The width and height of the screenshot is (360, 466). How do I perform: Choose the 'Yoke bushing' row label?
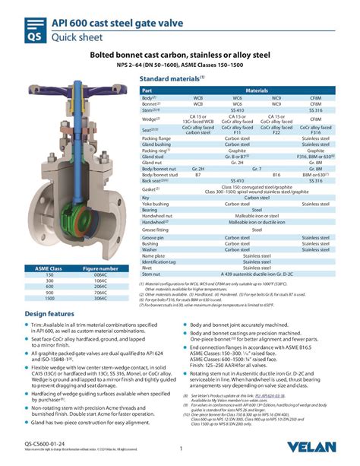[157, 204]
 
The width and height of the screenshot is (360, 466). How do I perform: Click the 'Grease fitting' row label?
[156, 228]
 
